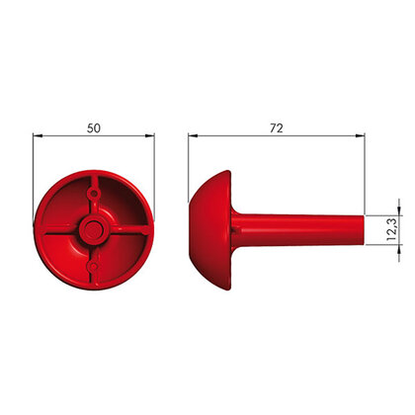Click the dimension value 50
coord(94,128)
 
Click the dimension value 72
coord(277,128)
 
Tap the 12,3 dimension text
coord(392,229)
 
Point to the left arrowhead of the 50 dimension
coord(38,135)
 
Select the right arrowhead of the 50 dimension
coord(149,135)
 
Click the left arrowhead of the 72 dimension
coord(193,135)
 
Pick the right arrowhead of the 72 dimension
coord(360,135)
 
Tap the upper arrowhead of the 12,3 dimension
coord(399,210)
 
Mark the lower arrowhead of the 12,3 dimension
coord(399,249)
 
